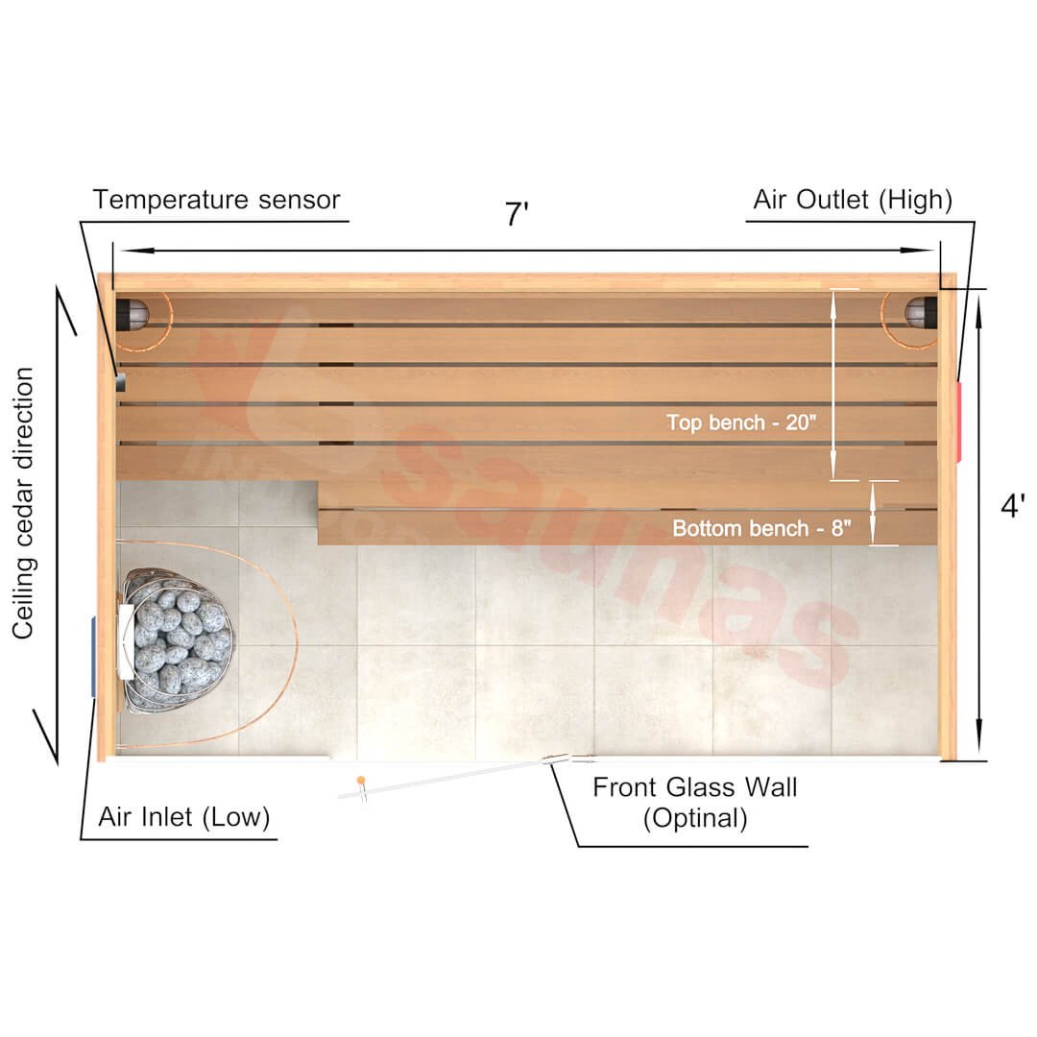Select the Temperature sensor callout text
[216, 200]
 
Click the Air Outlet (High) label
[853, 200]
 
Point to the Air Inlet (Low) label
[184, 818]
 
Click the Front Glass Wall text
[694, 788]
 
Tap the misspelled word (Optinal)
[694, 819]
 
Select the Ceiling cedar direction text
[25, 503]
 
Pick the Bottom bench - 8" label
[761, 528]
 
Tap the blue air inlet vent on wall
[93, 657]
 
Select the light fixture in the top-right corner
[919, 311]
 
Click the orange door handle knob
[360, 780]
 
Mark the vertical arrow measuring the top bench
[832, 384]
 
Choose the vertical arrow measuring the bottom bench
[873, 513]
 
